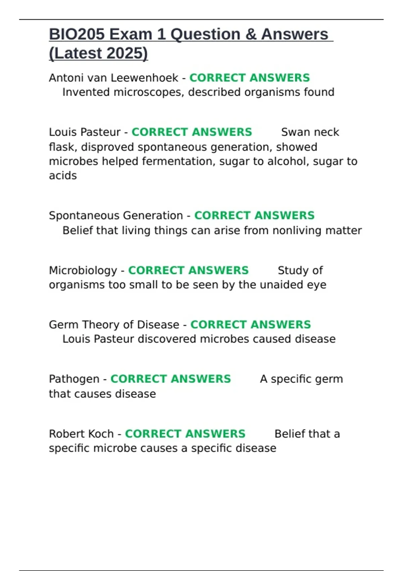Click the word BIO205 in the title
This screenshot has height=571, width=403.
(x=77, y=34)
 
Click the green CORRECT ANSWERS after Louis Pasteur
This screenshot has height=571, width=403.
(x=191, y=132)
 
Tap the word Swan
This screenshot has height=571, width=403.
(x=293, y=132)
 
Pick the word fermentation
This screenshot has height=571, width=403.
(x=178, y=161)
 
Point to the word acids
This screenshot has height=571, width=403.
(x=63, y=176)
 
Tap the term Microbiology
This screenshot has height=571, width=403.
(x=83, y=270)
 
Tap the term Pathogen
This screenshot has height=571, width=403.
(x=74, y=379)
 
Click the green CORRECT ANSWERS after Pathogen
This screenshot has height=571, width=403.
(x=171, y=379)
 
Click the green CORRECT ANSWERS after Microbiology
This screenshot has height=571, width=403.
(x=188, y=270)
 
